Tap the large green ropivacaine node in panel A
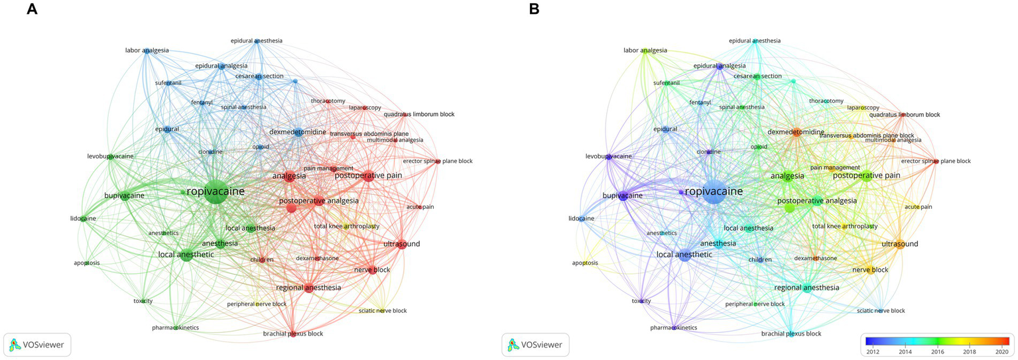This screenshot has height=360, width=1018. (215, 192)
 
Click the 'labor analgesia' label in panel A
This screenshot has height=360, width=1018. (147, 50)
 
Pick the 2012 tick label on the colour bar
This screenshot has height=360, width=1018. (873, 351)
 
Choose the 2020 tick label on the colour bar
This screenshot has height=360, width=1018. (1001, 351)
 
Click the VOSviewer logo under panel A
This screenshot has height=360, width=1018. (38, 345)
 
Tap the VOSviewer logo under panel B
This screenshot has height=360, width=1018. (536, 345)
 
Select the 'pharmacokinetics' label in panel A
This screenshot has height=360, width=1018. (175, 328)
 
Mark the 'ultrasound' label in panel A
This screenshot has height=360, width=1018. (402, 244)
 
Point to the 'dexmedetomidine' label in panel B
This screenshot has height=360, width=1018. (796, 132)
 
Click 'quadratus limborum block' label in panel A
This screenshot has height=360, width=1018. (419, 115)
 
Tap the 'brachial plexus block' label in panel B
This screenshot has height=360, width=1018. (791, 333)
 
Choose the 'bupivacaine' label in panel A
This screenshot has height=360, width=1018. (124, 196)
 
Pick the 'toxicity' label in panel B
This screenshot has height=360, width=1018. (641, 301)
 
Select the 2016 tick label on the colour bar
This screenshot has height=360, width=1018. (937, 351)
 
